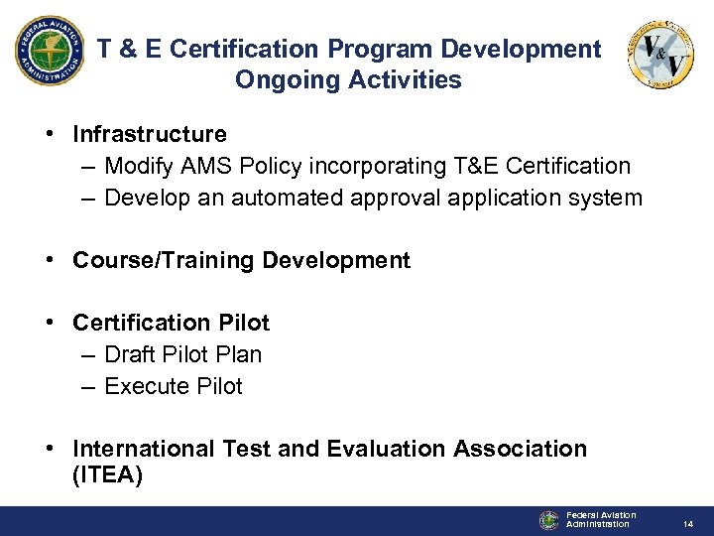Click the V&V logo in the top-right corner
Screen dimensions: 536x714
(x=660, y=56)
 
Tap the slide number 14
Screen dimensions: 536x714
(x=686, y=522)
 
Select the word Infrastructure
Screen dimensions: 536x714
(x=150, y=134)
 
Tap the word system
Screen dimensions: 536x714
(x=603, y=198)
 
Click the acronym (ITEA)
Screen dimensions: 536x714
(x=108, y=476)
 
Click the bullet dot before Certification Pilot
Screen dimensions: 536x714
(x=50, y=324)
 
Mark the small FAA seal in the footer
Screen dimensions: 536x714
(x=549, y=520)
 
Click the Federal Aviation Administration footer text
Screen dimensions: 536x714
(x=601, y=519)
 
